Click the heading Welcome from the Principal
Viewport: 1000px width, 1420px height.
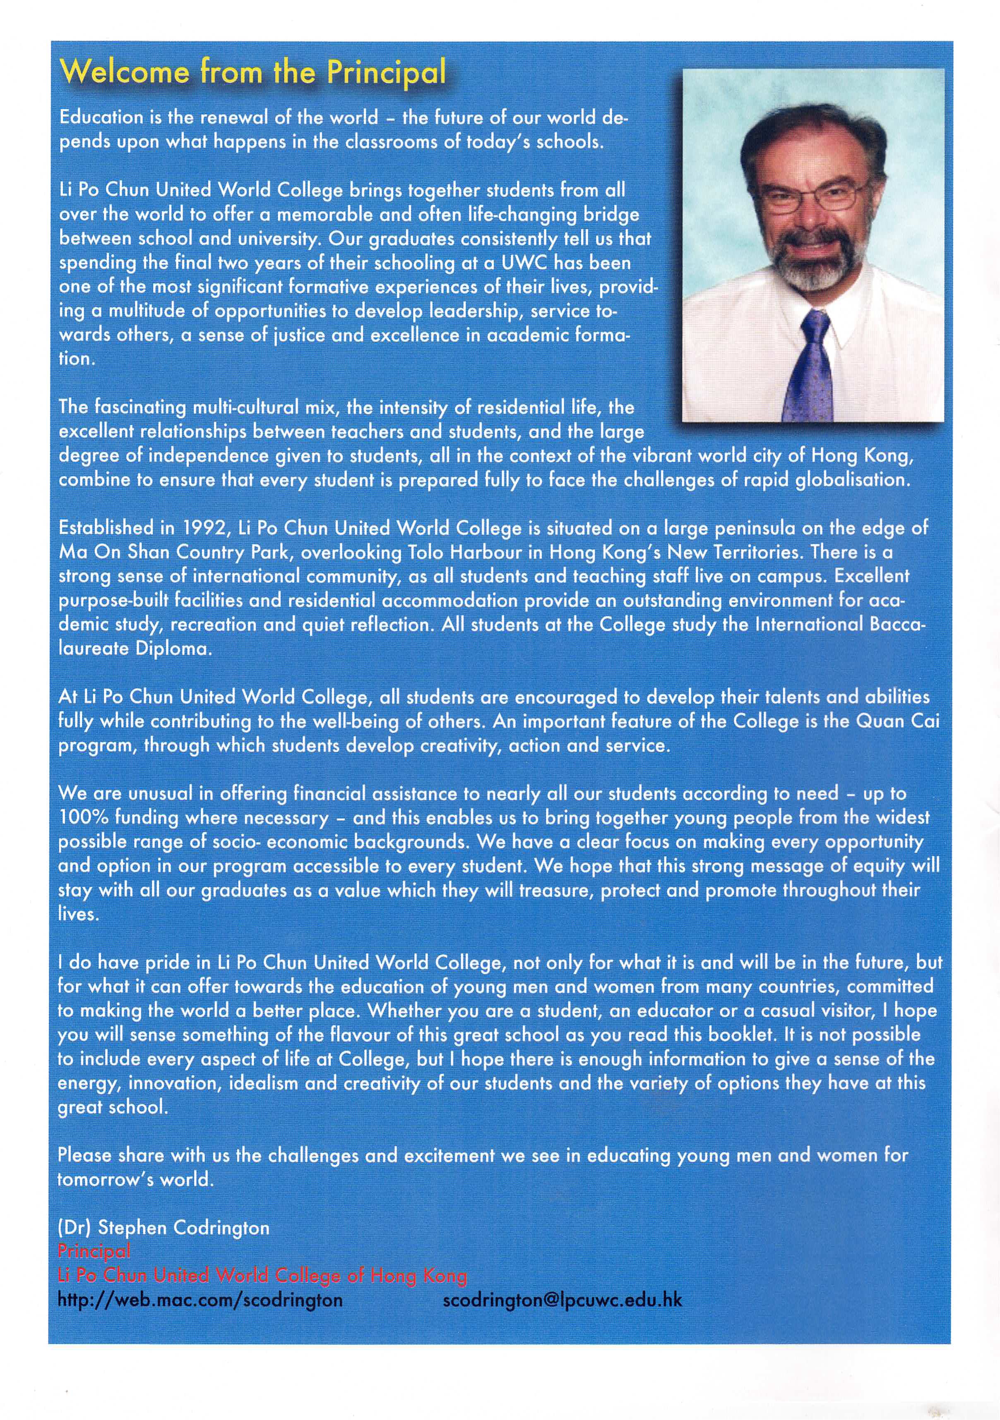click(x=252, y=73)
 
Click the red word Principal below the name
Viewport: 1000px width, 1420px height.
click(x=94, y=1251)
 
